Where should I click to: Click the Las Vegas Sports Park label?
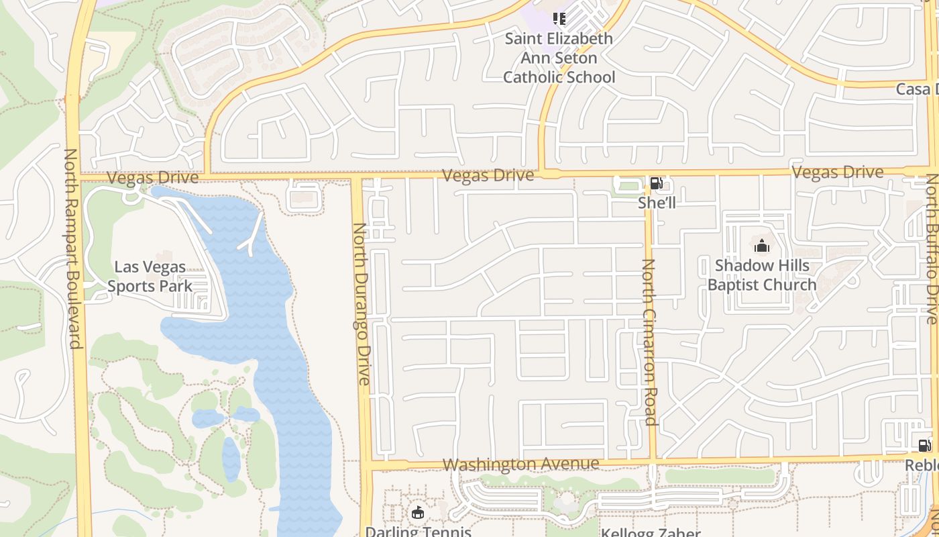[x=150, y=276]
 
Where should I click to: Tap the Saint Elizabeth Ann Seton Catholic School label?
[x=559, y=58]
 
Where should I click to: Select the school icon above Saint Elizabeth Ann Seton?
[x=559, y=18]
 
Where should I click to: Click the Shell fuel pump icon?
[x=656, y=183]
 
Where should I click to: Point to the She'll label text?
[x=657, y=202]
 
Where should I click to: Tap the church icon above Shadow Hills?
[x=762, y=246]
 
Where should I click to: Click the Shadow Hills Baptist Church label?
[x=762, y=275]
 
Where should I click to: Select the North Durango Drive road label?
[x=362, y=303]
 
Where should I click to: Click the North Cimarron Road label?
[x=649, y=342]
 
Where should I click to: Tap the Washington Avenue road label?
[x=520, y=464]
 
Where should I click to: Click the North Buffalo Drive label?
[x=932, y=248]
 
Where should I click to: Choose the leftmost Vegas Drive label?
[x=153, y=178]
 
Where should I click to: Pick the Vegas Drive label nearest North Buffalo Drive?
[x=837, y=173]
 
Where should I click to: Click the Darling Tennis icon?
[x=418, y=514]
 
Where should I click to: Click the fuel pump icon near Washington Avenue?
[x=924, y=445]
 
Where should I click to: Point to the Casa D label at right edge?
[x=917, y=89]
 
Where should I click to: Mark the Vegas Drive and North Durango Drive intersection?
[x=357, y=177]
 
